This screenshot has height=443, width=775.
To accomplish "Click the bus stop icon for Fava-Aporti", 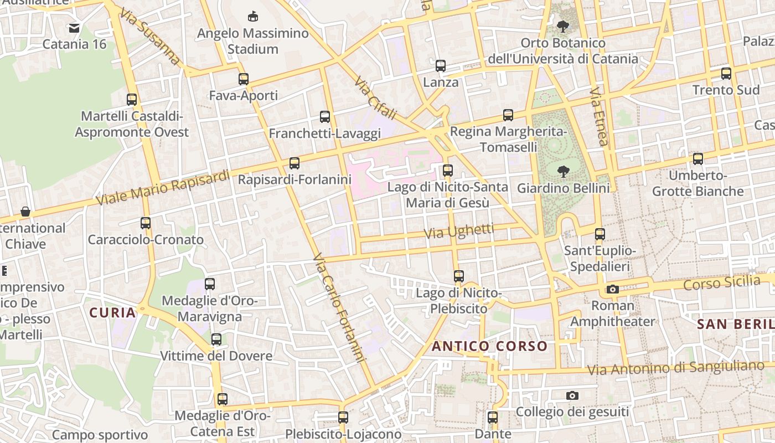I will (x=244, y=79).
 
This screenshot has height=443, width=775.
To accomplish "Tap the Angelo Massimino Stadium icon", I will (x=253, y=16).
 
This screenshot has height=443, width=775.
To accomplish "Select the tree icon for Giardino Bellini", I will (x=564, y=171).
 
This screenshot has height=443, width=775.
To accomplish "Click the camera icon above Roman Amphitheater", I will (x=612, y=289).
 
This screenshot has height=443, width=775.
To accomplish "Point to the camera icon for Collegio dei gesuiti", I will (x=572, y=395).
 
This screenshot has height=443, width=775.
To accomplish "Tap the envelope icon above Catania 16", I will (x=74, y=28).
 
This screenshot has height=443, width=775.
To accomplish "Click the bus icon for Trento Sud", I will (x=726, y=73).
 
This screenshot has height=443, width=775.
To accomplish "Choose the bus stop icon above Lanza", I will (x=441, y=66).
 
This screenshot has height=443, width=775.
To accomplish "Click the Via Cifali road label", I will (x=376, y=99).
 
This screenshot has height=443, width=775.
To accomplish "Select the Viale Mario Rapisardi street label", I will (x=163, y=187).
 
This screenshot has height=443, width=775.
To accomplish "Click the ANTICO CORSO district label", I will (x=489, y=347).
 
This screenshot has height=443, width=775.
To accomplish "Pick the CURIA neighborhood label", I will (x=113, y=312).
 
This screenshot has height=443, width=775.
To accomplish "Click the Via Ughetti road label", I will (x=459, y=231).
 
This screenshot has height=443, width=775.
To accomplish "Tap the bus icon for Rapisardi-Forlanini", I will (x=294, y=163).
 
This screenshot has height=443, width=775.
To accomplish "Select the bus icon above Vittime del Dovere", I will (x=216, y=339).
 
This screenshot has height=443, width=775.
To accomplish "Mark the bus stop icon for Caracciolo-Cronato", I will (x=146, y=223).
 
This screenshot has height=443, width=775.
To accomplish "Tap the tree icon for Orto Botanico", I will (x=563, y=26).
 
